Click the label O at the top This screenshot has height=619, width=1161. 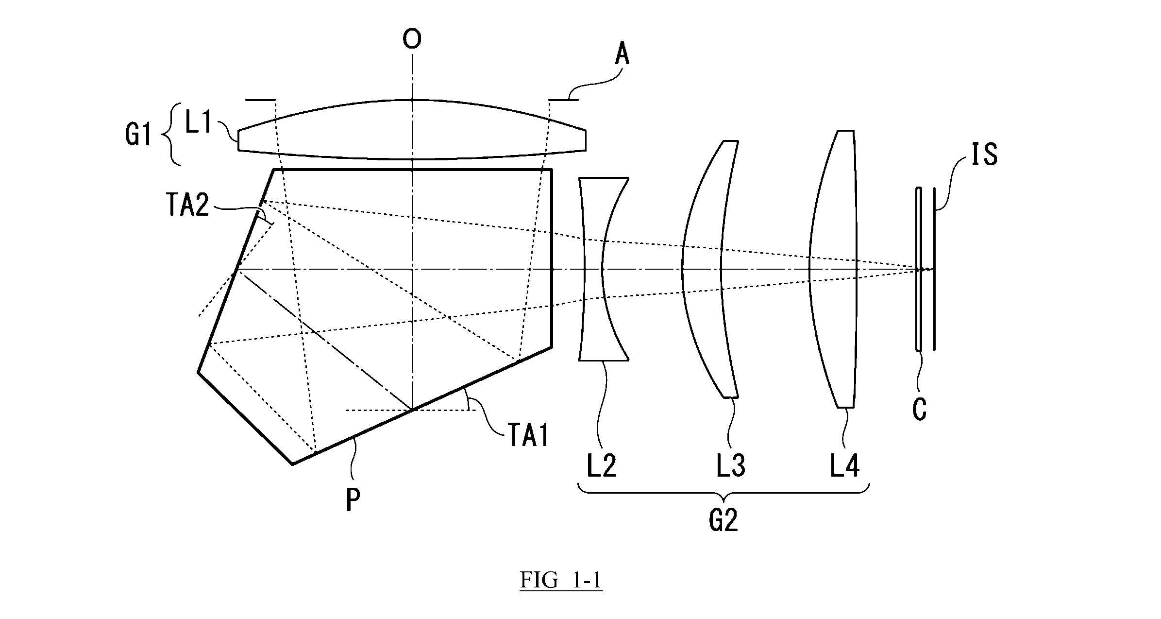(x=412, y=39)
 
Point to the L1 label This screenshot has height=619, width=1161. (x=198, y=124)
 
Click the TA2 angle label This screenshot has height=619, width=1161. (x=187, y=206)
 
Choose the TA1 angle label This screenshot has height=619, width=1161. (x=528, y=436)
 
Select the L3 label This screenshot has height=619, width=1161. (x=730, y=466)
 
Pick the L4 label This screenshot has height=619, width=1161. (x=844, y=466)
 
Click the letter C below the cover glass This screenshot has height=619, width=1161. (x=919, y=410)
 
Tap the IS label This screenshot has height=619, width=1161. (x=984, y=155)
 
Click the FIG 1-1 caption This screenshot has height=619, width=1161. (x=561, y=580)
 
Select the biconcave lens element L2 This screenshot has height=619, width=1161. (x=604, y=269)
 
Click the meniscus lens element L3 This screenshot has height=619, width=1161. (x=710, y=269)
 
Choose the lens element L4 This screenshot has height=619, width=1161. (x=832, y=269)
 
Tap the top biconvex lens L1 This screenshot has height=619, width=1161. (x=412, y=129)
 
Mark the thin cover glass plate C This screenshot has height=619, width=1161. (x=918, y=269)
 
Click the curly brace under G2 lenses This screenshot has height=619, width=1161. (x=724, y=492)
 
